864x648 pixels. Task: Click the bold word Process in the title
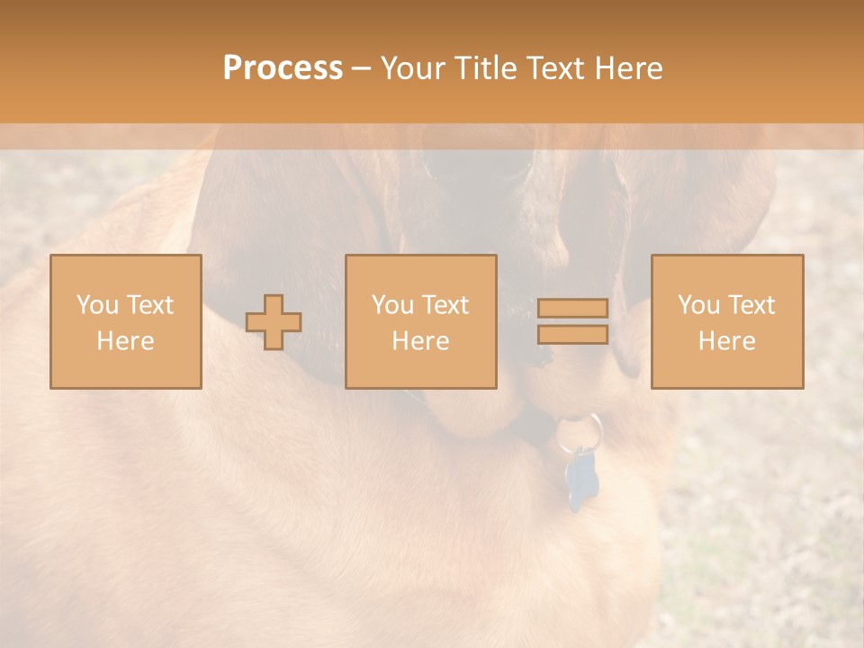(283, 68)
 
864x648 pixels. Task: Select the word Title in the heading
(486, 68)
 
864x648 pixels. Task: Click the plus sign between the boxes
(274, 321)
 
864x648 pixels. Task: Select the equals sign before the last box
(572, 321)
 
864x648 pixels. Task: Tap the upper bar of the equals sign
(572, 309)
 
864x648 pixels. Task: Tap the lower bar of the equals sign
(572, 334)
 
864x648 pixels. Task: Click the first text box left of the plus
(125, 321)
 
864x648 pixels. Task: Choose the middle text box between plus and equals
(420, 321)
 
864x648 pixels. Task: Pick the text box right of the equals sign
(726, 321)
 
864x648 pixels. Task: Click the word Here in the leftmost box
(125, 341)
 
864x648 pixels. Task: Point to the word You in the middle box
(393, 305)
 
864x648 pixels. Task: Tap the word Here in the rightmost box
(726, 341)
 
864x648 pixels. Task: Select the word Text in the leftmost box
(150, 305)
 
